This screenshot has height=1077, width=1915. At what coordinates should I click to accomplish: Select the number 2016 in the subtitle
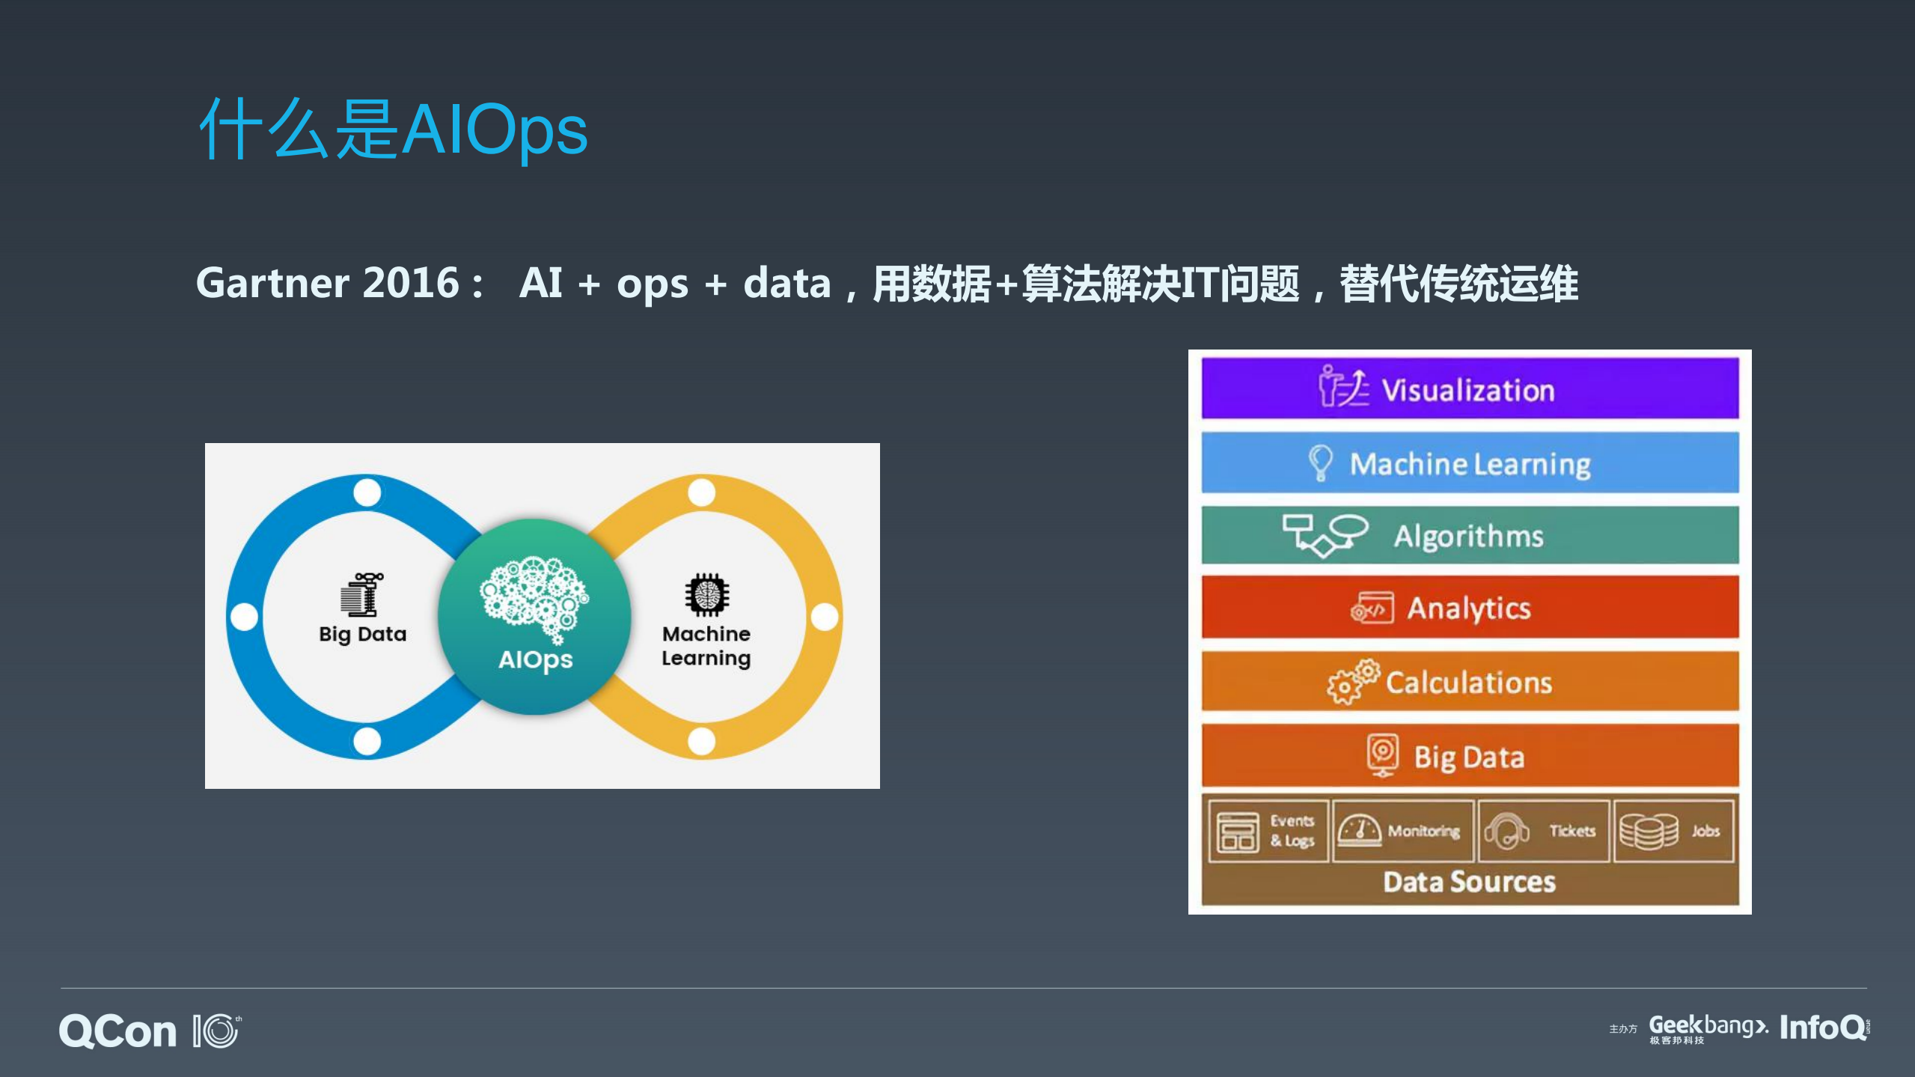(x=410, y=283)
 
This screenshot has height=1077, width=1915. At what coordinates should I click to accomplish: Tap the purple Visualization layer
(x=1469, y=388)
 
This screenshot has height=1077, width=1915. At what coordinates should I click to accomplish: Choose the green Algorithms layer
(x=1469, y=535)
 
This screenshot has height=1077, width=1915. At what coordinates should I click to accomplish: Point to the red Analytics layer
(x=1469, y=607)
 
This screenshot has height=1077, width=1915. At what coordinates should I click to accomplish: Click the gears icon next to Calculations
(x=1352, y=681)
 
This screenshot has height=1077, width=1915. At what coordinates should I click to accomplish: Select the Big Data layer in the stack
(x=1469, y=756)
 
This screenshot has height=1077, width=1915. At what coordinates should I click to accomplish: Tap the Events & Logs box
(x=1267, y=831)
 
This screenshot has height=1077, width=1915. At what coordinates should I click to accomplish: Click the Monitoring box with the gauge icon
(x=1401, y=831)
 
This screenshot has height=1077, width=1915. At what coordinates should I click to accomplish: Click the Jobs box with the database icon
(x=1673, y=831)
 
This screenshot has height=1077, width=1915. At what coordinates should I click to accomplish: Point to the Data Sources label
(x=1469, y=882)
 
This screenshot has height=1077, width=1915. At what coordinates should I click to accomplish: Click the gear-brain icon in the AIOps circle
(x=534, y=595)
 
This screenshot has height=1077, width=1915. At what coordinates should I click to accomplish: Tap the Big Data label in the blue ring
(x=362, y=634)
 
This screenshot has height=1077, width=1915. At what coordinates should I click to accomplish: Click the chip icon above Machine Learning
(x=706, y=594)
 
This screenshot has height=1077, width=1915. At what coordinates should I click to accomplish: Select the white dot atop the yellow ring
(x=701, y=492)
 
